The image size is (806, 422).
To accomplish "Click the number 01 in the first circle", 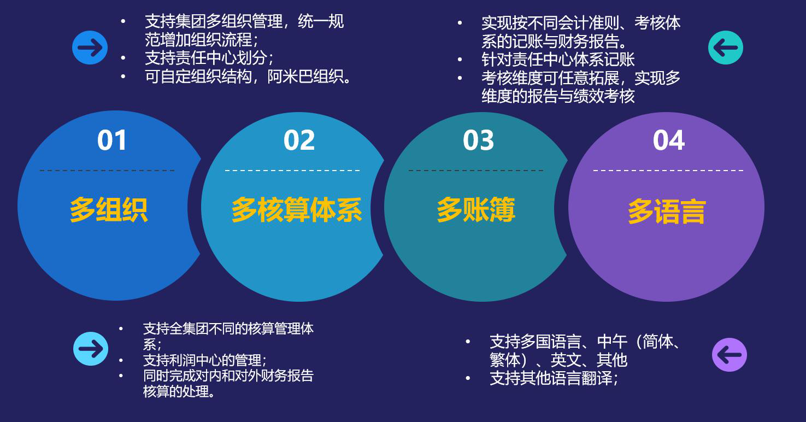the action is (112, 140).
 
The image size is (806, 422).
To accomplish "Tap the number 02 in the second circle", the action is (299, 140).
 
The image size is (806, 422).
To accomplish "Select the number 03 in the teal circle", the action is (478, 140).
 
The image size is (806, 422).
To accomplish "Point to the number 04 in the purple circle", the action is (669, 140).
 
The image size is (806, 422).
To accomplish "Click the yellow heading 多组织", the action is (109, 209).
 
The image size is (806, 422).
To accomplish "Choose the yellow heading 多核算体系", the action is (297, 209).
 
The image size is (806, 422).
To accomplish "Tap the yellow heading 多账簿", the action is (476, 209).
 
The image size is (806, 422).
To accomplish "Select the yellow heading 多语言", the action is (667, 212).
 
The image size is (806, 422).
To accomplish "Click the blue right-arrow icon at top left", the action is (90, 48).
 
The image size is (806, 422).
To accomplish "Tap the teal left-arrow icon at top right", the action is (726, 48).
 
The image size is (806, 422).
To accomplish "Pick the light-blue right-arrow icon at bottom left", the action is (91, 349).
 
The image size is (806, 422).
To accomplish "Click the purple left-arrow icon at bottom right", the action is (729, 355).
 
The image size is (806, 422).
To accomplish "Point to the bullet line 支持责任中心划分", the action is (209, 58).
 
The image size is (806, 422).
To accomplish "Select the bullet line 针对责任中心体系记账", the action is (558, 60).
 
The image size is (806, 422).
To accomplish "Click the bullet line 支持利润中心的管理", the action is (205, 360).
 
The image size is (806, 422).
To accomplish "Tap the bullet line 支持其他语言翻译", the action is (554, 378).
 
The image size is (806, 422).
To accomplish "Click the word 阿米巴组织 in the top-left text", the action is (306, 77).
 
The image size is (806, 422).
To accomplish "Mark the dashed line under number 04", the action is (668, 171).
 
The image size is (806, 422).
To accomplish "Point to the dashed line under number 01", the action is (107, 171).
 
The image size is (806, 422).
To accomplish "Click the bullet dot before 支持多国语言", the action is (468, 341).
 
